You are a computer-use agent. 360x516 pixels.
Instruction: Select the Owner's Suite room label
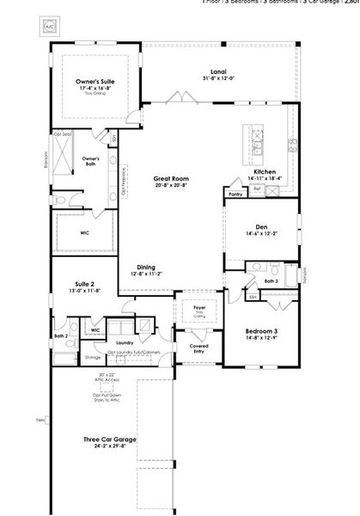[95, 81]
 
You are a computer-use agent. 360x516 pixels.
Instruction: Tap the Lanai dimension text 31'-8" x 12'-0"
[218, 79]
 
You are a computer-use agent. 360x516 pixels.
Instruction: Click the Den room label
[264, 227]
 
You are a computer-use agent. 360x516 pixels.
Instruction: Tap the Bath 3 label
[271, 281]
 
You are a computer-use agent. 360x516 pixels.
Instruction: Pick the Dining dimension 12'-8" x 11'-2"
[146, 274]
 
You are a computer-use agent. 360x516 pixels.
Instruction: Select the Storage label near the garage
[92, 356]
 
